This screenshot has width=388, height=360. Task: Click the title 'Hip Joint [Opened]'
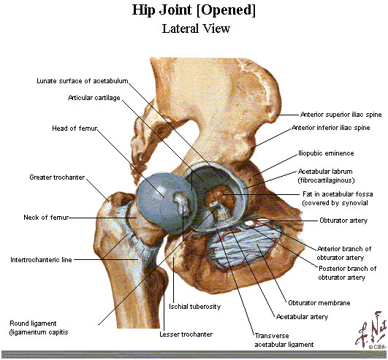(194, 11)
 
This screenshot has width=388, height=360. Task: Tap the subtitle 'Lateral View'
(196, 28)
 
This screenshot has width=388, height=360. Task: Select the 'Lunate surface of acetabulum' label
(83, 81)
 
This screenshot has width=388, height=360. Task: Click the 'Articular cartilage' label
(94, 98)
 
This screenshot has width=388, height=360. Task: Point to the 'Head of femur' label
(75, 129)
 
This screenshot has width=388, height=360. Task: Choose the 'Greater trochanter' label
(57, 177)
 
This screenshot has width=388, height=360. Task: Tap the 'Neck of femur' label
(46, 218)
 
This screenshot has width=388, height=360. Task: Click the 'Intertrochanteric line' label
(41, 260)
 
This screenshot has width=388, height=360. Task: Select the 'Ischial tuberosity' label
(195, 307)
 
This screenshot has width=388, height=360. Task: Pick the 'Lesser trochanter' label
(186, 334)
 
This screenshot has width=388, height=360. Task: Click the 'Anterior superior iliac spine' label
(341, 115)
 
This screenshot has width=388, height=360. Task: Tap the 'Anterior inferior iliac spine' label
(331, 128)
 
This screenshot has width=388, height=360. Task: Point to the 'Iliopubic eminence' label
(326, 153)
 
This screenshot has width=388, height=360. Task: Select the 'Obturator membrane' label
(319, 303)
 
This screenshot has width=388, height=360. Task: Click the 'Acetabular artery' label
(302, 317)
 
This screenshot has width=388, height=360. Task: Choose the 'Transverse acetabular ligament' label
(284, 340)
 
